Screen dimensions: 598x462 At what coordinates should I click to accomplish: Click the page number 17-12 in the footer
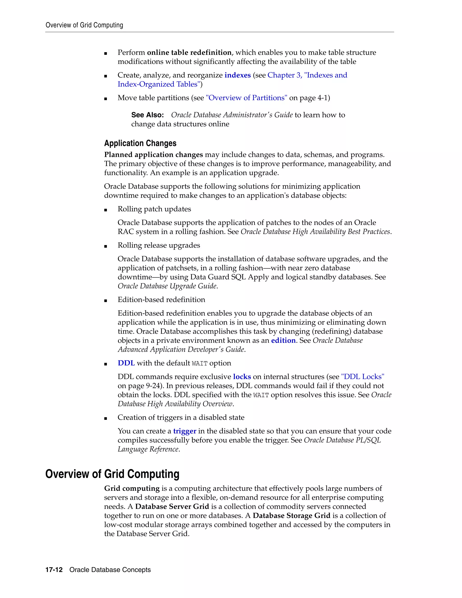[54, 570]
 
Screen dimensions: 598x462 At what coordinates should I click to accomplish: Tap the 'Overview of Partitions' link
[246, 98]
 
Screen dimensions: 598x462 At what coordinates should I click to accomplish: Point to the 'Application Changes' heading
[140, 143]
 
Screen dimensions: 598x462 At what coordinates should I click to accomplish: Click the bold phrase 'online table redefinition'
[189, 52]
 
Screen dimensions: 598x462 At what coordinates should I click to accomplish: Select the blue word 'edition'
[283, 340]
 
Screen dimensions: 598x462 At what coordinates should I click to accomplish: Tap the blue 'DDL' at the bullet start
[126, 363]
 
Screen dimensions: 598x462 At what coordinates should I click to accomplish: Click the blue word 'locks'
[242, 377]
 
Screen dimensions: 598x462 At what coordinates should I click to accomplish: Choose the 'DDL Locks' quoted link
[363, 377]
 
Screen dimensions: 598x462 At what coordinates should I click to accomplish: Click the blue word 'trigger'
[185, 431]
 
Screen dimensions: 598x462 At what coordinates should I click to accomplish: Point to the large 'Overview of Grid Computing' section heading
[112, 474]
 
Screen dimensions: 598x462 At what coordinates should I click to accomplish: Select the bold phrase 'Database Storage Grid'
[291, 516]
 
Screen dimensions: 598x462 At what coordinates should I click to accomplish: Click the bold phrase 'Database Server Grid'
[172, 507]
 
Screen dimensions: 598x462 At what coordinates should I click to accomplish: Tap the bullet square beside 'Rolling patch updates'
[106, 210]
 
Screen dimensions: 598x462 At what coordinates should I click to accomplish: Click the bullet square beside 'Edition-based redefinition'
[106, 301]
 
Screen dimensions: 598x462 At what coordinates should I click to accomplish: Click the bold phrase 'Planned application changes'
[154, 155]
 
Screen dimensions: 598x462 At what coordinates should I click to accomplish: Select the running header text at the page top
[84, 25]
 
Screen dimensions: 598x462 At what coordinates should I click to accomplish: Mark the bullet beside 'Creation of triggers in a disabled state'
[106, 418]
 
